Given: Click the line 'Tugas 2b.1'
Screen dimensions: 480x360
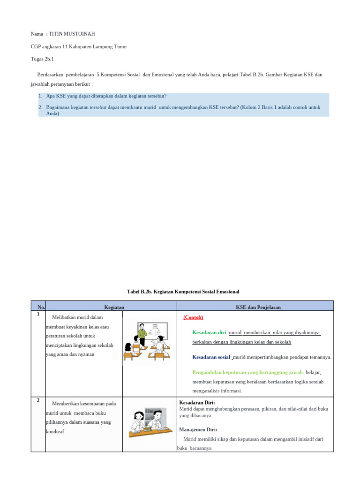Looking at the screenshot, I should click(x=42, y=59).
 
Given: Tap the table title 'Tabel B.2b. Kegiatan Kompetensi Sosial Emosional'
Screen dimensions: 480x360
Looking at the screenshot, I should click(x=183, y=292).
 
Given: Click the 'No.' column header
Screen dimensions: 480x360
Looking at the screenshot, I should click(x=41, y=307).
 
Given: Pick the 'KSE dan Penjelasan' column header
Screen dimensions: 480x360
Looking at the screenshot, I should click(x=255, y=307).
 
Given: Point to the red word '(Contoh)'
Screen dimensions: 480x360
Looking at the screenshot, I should click(x=193, y=317).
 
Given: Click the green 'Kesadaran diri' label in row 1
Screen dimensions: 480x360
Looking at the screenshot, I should click(x=210, y=332).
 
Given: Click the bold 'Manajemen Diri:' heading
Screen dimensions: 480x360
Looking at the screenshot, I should click(x=198, y=429).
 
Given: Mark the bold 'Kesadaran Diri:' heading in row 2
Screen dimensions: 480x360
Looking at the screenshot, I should click(x=197, y=402).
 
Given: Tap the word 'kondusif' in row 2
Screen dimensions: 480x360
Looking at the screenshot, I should click(x=55, y=431).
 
